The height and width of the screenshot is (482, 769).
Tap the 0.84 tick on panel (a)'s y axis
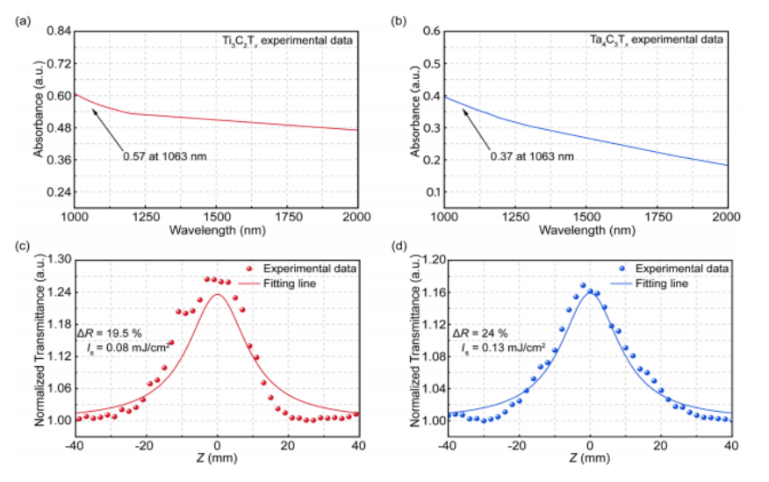[58, 31]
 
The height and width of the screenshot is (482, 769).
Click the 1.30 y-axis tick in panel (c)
[58, 260]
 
